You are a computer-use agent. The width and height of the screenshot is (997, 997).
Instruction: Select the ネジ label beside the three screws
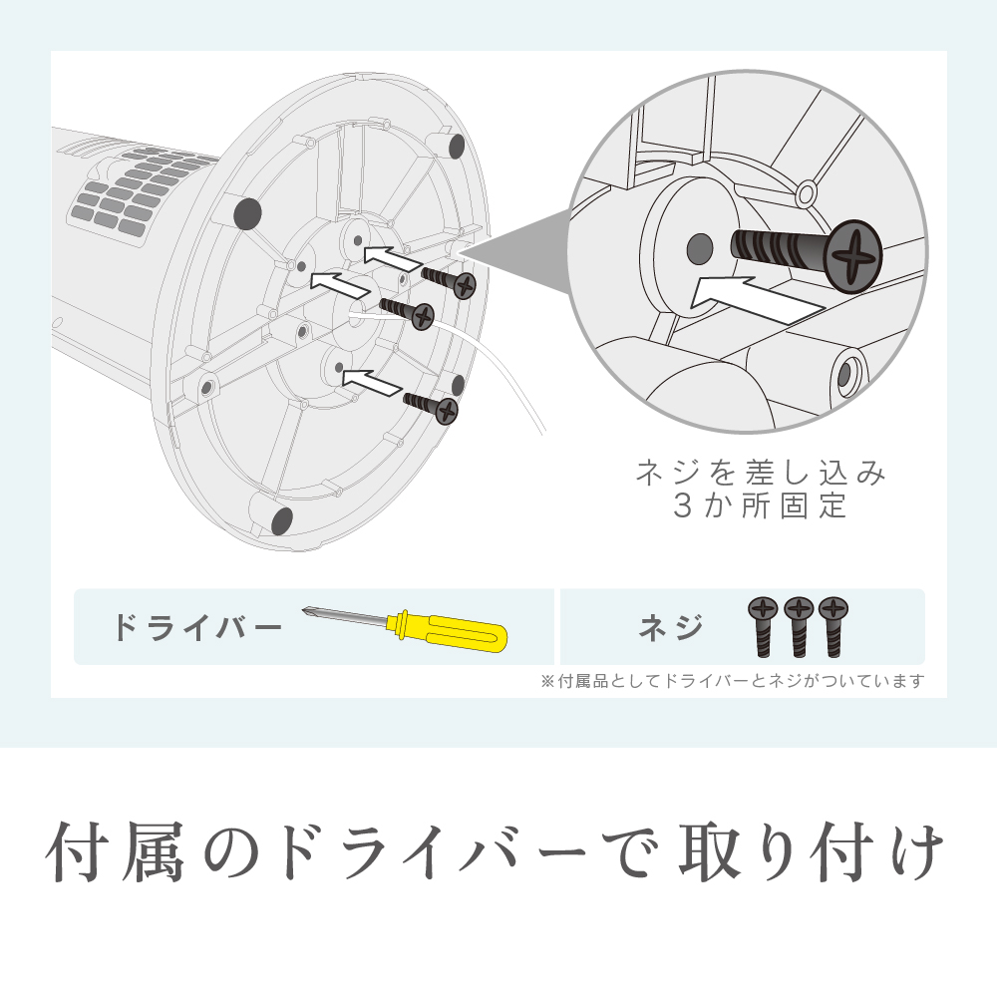pyautogui.click(x=671, y=627)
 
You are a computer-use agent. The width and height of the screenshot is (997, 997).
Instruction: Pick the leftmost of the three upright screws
pyautogui.click(x=763, y=626)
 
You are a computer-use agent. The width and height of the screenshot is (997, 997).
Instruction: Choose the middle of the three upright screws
pyautogui.click(x=798, y=626)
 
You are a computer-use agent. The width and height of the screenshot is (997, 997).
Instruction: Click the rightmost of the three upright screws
pyautogui.click(x=832, y=626)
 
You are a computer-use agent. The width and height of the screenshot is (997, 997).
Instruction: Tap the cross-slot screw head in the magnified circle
pyautogui.click(x=852, y=256)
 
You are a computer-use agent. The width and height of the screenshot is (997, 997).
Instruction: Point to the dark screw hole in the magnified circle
pyautogui.click(x=700, y=248)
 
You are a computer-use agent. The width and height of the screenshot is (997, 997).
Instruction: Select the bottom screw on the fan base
pyautogui.click(x=431, y=407)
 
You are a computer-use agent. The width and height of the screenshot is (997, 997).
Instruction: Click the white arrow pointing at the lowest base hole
pyautogui.click(x=372, y=382)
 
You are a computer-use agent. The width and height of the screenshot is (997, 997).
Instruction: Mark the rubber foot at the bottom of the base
pyautogui.click(x=282, y=520)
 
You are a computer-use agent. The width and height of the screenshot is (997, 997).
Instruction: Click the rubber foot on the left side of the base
pyautogui.click(x=247, y=213)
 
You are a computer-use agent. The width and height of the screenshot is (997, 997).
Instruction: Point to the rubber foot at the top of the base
pyautogui.click(x=457, y=146)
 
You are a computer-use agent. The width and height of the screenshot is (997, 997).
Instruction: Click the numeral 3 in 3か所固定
pyautogui.click(x=682, y=505)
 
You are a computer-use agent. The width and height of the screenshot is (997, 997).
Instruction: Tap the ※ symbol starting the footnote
pyautogui.click(x=547, y=682)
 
